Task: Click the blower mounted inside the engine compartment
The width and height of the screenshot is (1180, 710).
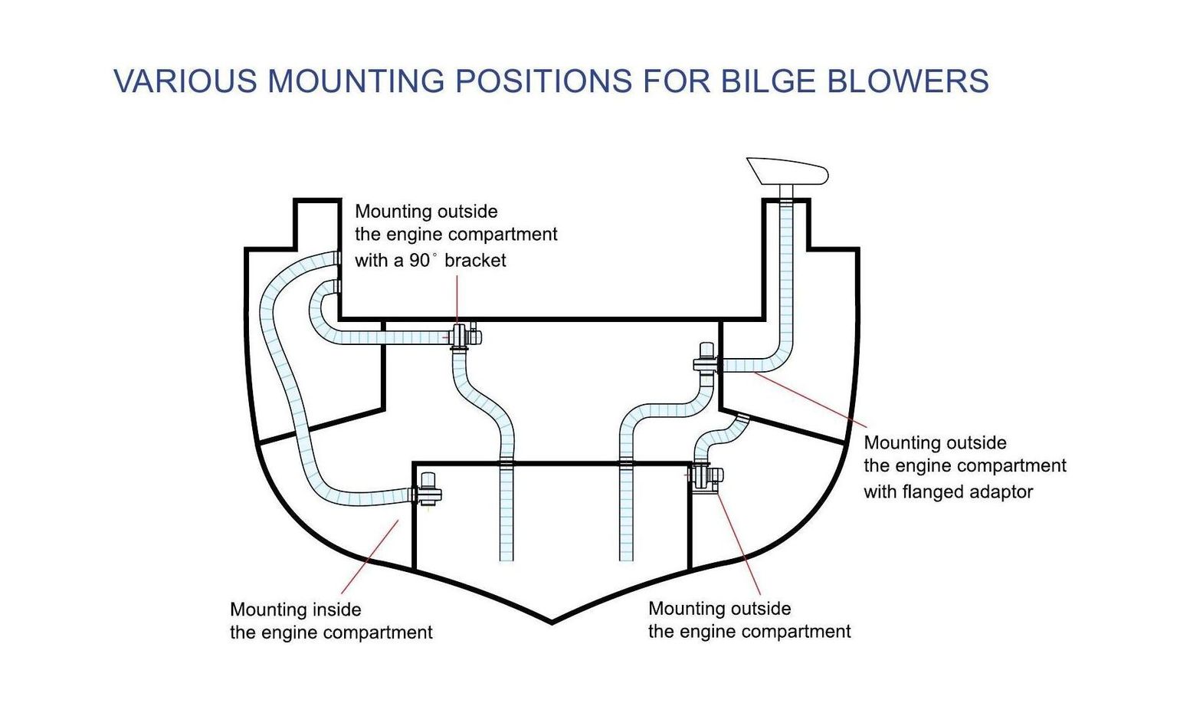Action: (x=428, y=488)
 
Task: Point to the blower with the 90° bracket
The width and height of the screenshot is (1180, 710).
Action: (x=463, y=336)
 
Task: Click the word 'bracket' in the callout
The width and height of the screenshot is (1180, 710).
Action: (x=475, y=261)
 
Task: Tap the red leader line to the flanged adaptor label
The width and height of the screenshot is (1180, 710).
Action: (x=812, y=399)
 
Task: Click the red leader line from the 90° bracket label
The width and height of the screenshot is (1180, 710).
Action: (x=457, y=299)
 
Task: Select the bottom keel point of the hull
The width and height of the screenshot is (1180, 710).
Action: (x=552, y=622)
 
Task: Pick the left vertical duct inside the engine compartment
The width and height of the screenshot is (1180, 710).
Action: (x=506, y=514)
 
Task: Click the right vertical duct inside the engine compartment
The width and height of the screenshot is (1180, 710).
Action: (x=626, y=514)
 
